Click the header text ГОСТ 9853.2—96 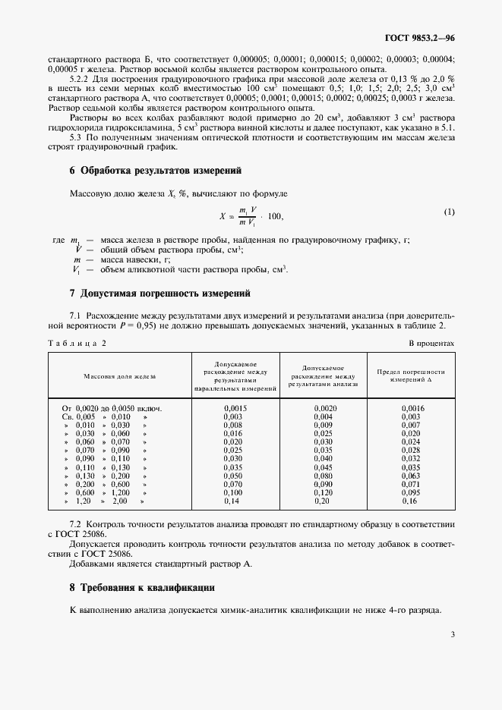(417, 38)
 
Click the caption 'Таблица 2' (77, 343)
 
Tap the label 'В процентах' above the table (431, 343)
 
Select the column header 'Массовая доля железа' (119, 375)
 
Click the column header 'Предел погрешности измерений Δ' (411, 375)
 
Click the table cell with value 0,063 (411, 476)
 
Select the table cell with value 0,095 (411, 492)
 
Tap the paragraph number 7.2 (76, 524)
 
